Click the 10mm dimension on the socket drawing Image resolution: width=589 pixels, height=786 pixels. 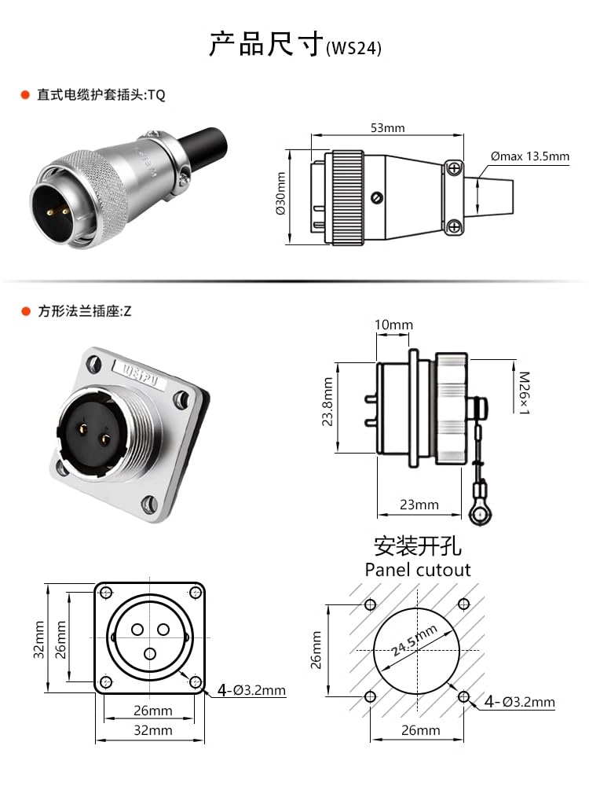tap(393, 325)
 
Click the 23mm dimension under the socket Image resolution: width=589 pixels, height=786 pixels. tap(419, 505)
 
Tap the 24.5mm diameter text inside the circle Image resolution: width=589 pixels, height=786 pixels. tap(415, 641)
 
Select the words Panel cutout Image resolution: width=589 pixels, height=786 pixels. tap(418, 570)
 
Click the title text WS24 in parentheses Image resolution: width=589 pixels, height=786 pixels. tap(353, 48)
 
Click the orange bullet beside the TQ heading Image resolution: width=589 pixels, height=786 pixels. tap(25, 95)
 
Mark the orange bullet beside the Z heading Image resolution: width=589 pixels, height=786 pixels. tap(25, 311)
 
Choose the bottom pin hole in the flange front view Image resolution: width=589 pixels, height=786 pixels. tap(149, 653)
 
